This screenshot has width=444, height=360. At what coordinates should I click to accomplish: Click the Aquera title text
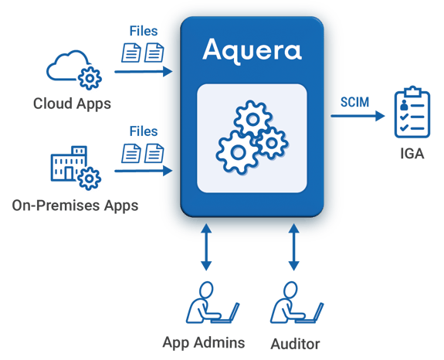point(252,50)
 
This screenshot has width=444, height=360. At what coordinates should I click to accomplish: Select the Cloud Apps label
point(72,103)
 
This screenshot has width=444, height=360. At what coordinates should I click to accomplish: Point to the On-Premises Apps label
point(75,205)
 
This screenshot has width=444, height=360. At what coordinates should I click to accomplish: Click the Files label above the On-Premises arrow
point(144,132)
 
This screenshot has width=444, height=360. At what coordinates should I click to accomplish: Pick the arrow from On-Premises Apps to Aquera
point(144,171)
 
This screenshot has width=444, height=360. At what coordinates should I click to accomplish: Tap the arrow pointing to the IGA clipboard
point(358,116)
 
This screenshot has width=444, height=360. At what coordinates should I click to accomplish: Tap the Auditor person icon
point(293,304)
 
